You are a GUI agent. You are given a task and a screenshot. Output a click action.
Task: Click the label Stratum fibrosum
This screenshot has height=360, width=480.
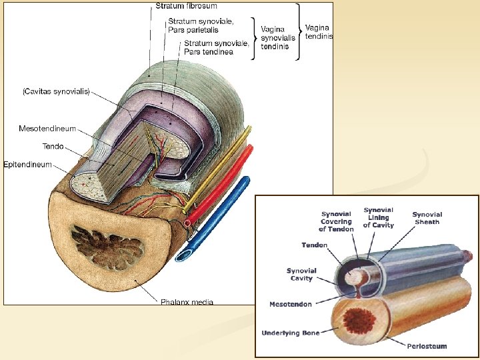(x=186, y=6)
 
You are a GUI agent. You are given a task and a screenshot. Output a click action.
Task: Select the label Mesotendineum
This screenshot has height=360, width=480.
(x=47, y=129)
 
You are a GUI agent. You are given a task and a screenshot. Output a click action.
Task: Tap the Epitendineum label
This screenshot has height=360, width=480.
(x=27, y=164)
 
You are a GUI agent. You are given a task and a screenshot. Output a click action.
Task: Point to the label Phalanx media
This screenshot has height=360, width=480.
(x=187, y=302)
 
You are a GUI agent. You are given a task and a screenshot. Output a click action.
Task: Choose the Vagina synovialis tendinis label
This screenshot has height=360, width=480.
(x=278, y=38)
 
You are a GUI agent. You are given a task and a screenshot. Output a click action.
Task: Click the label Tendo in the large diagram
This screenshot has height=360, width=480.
(x=53, y=146)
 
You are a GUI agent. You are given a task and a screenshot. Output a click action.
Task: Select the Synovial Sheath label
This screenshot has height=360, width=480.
(x=427, y=218)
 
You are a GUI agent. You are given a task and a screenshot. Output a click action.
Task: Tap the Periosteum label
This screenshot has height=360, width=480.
(x=427, y=346)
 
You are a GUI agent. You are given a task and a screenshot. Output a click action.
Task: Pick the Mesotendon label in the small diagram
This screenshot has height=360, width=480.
(x=290, y=304)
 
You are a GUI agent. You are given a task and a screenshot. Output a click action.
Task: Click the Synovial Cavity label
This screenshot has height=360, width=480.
(x=301, y=275)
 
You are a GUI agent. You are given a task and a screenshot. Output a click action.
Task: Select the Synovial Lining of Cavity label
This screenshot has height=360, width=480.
(x=379, y=217)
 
